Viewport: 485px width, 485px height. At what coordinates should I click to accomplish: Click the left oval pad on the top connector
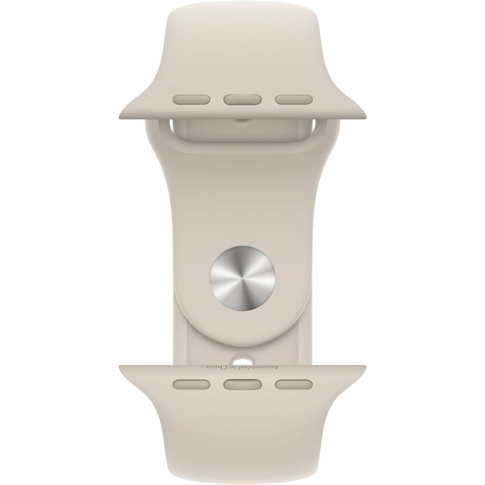191,99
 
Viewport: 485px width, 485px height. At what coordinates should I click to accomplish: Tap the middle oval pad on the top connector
242,99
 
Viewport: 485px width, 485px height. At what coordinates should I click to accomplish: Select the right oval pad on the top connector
294,99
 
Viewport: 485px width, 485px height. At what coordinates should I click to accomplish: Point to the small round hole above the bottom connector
242,361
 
